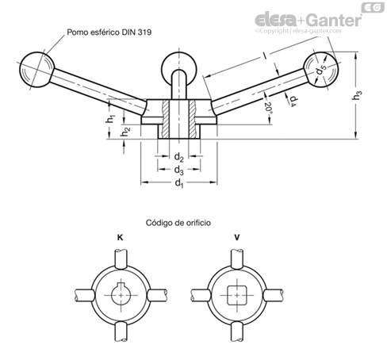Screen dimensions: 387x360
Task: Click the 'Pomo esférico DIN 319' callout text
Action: coord(109,33)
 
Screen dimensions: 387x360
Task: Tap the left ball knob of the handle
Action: coord(36,70)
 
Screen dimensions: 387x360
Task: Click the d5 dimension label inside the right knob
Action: coord(320,70)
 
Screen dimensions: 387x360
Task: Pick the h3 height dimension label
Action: coord(357,95)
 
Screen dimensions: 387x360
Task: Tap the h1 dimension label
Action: coord(110,119)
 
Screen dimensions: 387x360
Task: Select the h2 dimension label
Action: coord(125,132)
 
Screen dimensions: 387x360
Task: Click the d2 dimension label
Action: coord(178,157)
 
